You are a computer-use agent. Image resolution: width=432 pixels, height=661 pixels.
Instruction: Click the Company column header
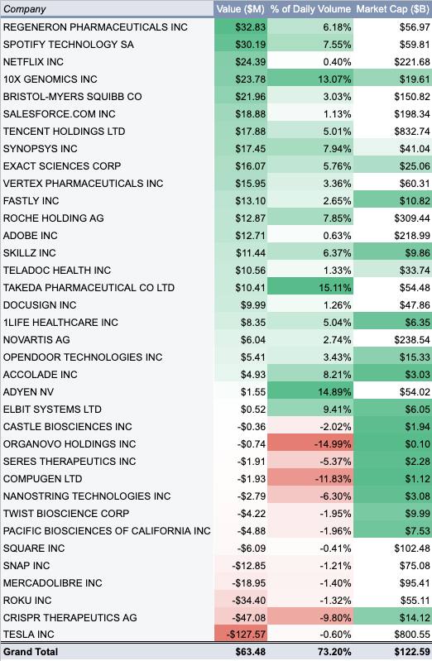click(25, 9)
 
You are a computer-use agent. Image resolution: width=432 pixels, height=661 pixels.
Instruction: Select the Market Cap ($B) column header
click(393, 9)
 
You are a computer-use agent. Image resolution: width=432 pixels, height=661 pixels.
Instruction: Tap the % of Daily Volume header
click(310, 9)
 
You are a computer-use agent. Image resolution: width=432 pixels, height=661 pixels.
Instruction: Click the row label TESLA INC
click(29, 635)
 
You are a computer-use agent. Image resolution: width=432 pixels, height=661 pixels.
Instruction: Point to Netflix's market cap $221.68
click(412, 62)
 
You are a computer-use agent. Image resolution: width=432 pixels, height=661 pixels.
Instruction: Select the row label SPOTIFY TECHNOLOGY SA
click(69, 45)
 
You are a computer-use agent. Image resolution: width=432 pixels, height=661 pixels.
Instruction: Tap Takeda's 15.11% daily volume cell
click(335, 288)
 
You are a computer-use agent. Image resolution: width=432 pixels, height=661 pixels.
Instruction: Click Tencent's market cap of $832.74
click(412, 132)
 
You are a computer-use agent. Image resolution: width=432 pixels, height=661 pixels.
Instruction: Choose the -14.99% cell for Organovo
click(333, 444)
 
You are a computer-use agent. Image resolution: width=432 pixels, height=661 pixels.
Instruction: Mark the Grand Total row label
click(31, 652)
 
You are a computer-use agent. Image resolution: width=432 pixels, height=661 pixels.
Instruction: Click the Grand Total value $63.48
click(251, 652)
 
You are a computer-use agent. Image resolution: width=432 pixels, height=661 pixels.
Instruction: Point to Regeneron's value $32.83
click(251, 27)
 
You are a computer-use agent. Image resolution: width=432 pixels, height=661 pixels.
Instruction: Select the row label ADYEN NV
click(28, 392)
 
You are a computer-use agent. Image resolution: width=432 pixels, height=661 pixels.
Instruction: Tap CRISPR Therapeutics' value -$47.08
click(249, 618)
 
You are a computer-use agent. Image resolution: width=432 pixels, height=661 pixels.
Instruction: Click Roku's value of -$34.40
click(249, 601)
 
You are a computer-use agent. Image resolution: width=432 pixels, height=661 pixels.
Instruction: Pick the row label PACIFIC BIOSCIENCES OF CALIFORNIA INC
click(107, 531)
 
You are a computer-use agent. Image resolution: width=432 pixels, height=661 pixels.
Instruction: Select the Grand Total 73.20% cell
click(334, 652)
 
